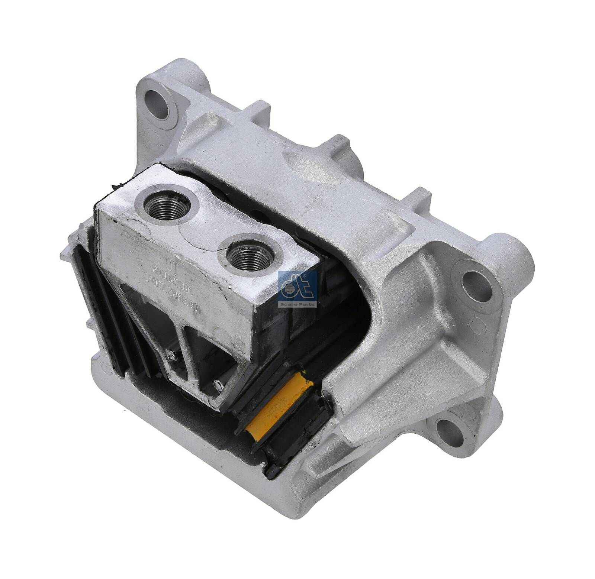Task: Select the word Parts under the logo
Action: pyautogui.click(x=307, y=304)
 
